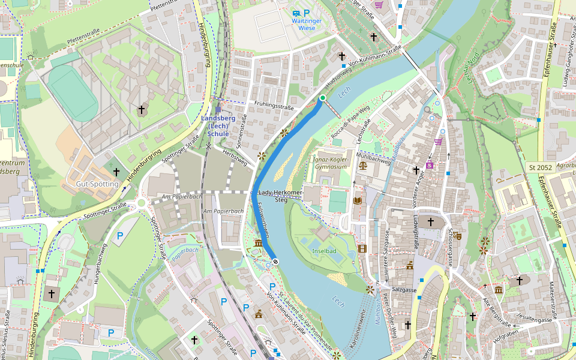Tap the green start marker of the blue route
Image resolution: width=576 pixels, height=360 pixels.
pyautogui.click(x=322, y=98)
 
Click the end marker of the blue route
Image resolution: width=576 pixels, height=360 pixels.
pyautogui.click(x=275, y=261)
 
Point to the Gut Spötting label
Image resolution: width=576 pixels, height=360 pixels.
pyautogui.click(x=97, y=184)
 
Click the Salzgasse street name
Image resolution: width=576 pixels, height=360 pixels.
pyautogui.click(x=404, y=290)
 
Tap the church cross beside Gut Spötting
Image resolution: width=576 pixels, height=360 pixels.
pyautogui.click(x=116, y=172)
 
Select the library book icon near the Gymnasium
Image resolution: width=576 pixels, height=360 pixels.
pyautogui.click(x=358, y=200)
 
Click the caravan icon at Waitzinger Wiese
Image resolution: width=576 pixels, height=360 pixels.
pyautogui.click(x=295, y=13)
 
